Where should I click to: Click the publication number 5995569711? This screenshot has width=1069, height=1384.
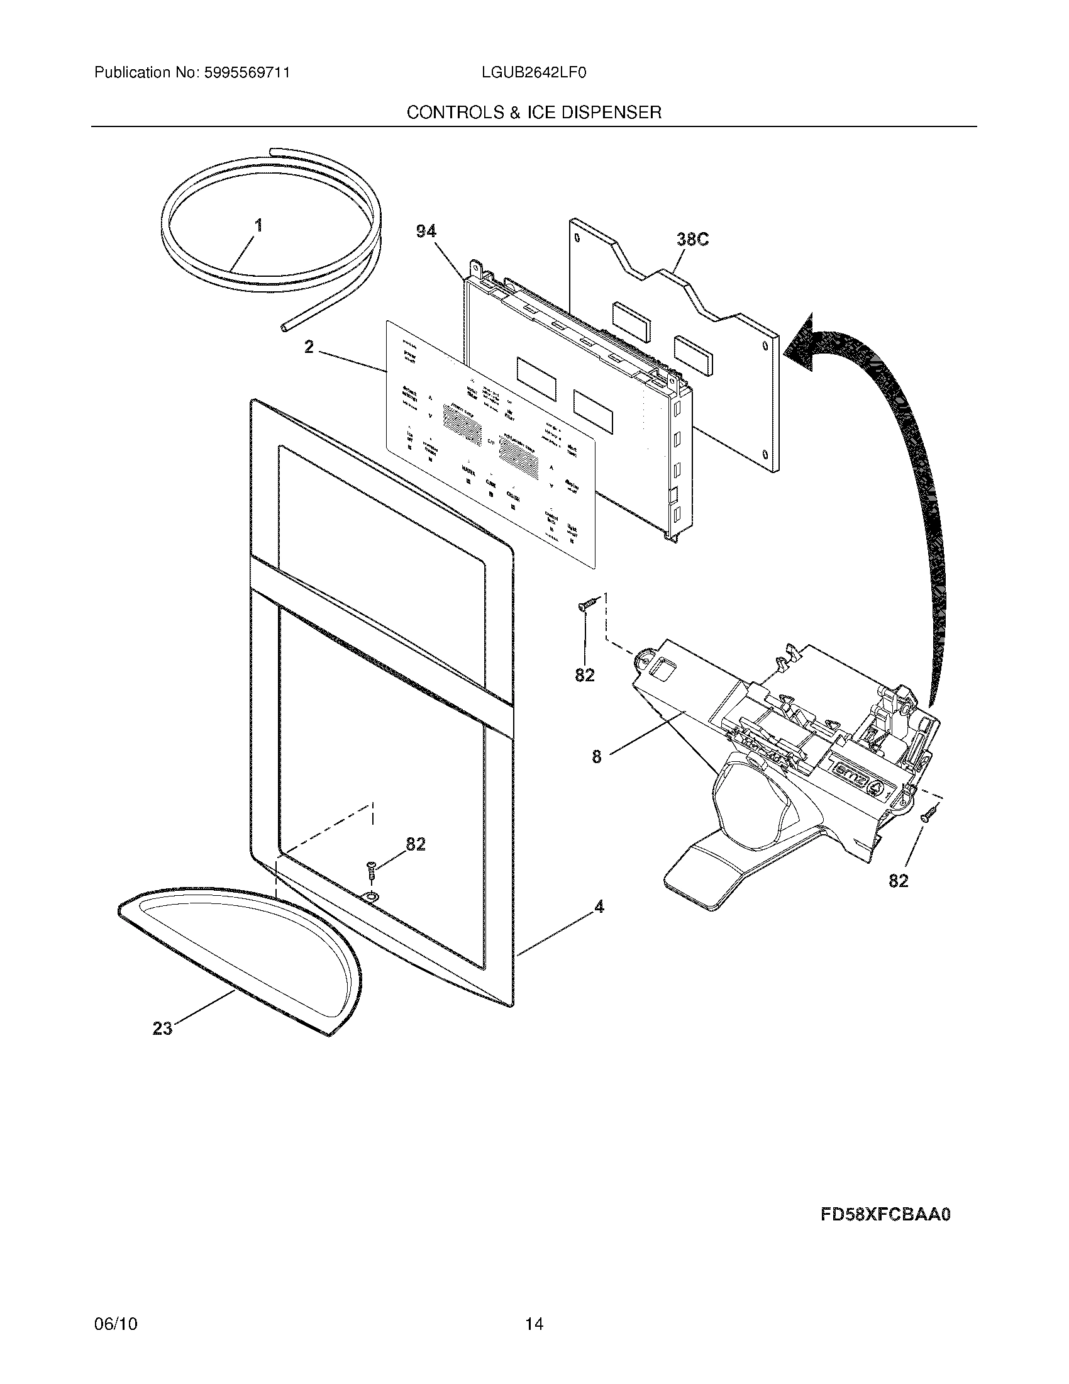click(x=246, y=73)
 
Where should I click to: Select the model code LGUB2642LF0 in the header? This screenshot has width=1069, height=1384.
click(x=533, y=73)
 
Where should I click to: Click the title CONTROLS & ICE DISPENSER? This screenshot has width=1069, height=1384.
click(x=534, y=113)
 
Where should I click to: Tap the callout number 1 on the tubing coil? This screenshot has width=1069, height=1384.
click(x=258, y=226)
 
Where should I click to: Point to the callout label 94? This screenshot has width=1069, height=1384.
click(x=426, y=232)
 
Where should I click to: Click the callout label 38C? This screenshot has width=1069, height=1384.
click(x=692, y=239)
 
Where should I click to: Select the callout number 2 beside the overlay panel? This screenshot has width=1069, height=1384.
click(x=309, y=347)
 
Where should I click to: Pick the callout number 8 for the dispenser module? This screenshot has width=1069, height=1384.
click(x=597, y=756)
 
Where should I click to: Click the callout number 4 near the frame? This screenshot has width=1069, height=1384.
click(x=599, y=907)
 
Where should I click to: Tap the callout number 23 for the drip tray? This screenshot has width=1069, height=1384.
click(x=163, y=1028)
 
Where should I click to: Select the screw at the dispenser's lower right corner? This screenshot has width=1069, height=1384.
click(x=929, y=813)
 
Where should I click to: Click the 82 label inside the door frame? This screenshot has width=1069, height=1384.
click(x=416, y=844)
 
